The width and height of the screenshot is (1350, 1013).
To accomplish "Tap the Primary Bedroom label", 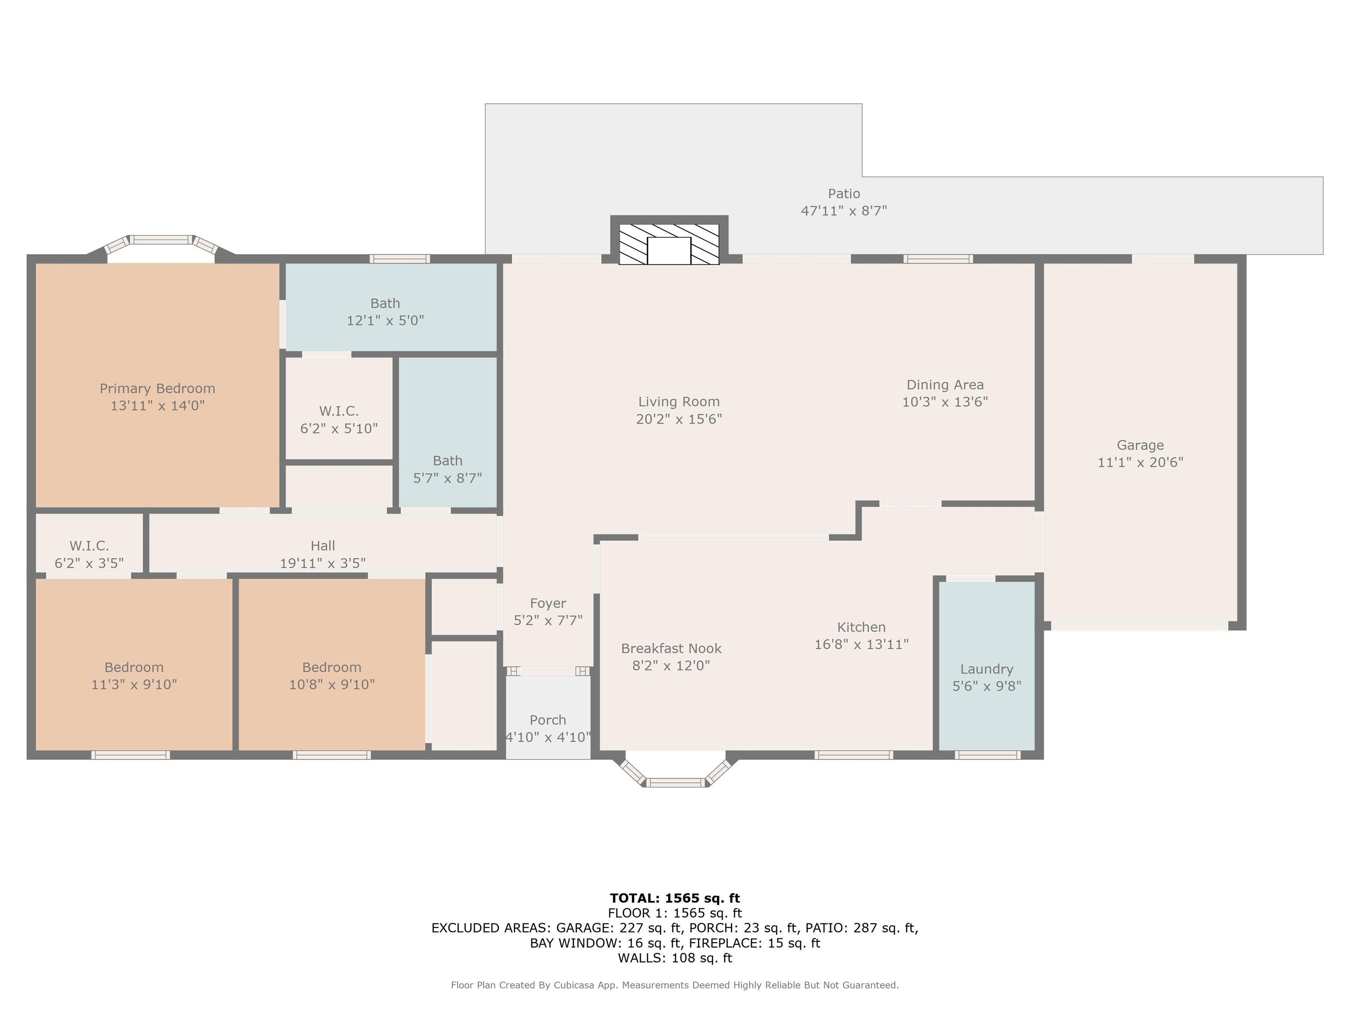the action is (157, 388).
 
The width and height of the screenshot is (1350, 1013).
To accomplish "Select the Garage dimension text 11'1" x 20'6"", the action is (1140, 462).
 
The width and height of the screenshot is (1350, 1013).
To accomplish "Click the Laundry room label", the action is (986, 669).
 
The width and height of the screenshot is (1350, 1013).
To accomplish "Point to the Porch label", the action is (548, 720).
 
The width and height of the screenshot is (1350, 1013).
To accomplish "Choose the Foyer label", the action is (548, 603).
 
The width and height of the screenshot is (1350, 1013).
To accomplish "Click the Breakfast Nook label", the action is (671, 649).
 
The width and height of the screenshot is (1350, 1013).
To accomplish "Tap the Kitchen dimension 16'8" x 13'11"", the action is (861, 644).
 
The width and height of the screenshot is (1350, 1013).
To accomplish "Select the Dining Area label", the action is (945, 385).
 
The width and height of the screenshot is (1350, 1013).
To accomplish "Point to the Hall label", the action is (323, 546).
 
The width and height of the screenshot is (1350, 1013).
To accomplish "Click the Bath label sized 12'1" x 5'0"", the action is (385, 303).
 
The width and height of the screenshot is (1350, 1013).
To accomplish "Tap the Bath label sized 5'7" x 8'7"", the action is (447, 461).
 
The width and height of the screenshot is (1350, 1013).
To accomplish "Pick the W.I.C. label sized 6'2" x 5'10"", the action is (339, 411).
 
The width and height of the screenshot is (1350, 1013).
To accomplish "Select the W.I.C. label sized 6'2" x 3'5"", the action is (89, 546).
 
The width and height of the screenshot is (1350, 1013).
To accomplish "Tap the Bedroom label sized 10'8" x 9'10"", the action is (331, 667).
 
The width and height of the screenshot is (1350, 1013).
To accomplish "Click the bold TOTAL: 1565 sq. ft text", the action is (675, 898).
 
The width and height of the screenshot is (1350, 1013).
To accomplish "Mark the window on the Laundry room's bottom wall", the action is (987, 755).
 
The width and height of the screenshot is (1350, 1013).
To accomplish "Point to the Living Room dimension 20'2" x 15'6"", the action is (679, 419).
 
